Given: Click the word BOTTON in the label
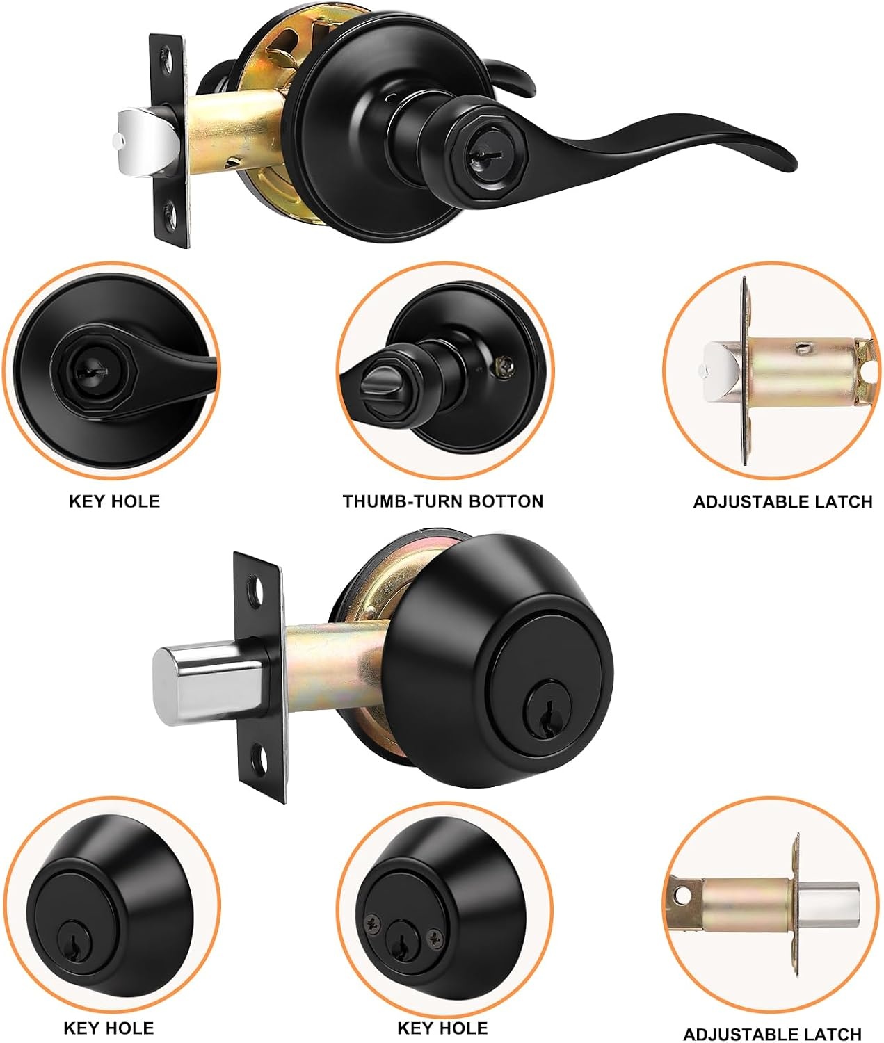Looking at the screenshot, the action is point(506,501).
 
